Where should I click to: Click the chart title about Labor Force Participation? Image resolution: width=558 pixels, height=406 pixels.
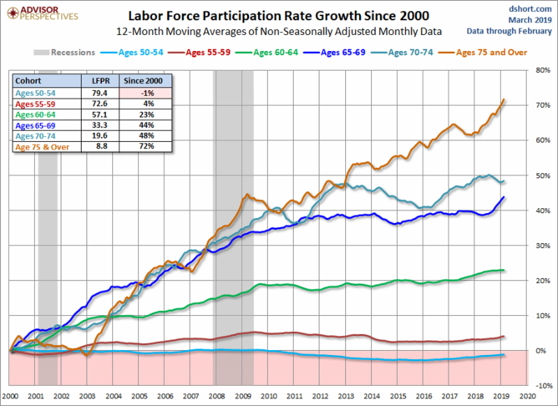pyautogui.click(x=278, y=14)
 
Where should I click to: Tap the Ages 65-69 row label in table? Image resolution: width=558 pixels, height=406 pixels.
pyautogui.click(x=36, y=124)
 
